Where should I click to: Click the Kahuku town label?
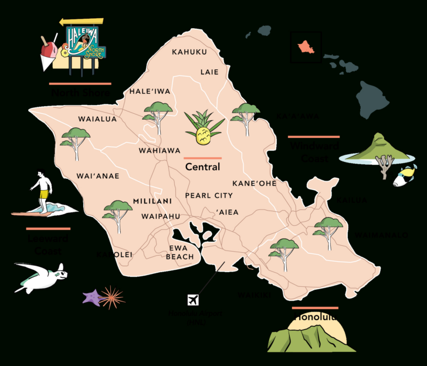(189, 52)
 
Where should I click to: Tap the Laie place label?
(209, 72)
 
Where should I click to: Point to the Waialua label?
(97, 119)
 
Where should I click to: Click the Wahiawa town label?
(160, 151)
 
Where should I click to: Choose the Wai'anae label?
(98, 176)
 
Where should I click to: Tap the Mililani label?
(152, 201)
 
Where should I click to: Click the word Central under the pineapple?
(202, 167)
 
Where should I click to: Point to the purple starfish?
(92, 296)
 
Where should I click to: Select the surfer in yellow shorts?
(42, 189)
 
